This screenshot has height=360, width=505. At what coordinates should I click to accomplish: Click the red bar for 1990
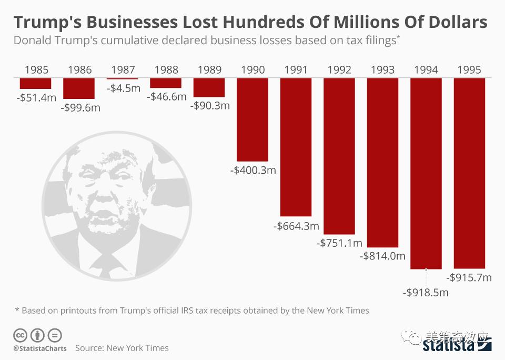(252, 119)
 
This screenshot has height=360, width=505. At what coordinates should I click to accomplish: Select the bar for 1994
(426, 173)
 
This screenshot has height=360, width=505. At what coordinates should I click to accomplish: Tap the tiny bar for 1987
(122, 78)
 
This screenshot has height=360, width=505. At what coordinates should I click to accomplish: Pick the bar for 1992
(339, 156)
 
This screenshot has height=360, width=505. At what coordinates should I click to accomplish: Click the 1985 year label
(36, 69)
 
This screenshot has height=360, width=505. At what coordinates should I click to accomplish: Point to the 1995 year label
(469, 69)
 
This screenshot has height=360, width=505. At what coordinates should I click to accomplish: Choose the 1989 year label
(209, 69)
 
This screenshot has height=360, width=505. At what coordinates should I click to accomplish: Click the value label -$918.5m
(426, 292)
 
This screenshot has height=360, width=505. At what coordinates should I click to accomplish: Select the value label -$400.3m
(253, 171)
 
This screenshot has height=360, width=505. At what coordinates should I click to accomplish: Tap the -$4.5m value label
(124, 88)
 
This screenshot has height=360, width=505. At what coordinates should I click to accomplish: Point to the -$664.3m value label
(296, 226)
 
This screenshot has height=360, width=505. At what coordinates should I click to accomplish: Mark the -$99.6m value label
(80, 108)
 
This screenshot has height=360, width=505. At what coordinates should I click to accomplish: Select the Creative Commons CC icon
(20, 335)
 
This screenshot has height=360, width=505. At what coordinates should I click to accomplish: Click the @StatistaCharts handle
(40, 348)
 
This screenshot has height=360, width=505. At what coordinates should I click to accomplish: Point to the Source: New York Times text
(122, 348)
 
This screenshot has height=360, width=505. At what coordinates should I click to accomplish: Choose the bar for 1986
(79, 88)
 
